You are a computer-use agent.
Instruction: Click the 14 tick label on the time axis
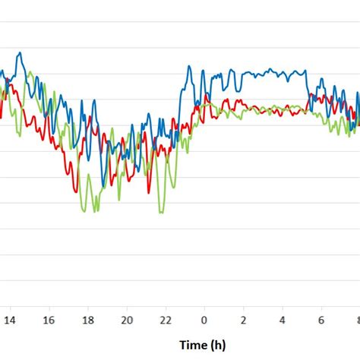pyautogui.click(x=10, y=321)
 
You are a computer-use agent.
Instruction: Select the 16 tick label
pyautogui.click(x=49, y=321)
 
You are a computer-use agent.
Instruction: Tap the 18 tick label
pyautogui.click(x=88, y=321)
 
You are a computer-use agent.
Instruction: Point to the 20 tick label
pyautogui.click(x=127, y=321)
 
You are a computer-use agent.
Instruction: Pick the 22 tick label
pyautogui.click(x=166, y=321)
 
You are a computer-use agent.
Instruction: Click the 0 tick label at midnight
pyautogui.click(x=204, y=321)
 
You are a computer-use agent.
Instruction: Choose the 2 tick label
pyautogui.click(x=244, y=321)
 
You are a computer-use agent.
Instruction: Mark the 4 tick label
pyautogui.click(x=283, y=321)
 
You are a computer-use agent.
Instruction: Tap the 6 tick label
pyautogui.click(x=321, y=321)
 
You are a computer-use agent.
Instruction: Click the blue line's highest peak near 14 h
pyautogui.click(x=20, y=53)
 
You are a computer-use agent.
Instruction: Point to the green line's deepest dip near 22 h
pyautogui.click(x=160, y=212)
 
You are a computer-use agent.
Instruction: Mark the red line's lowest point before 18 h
pyautogui.click(x=75, y=190)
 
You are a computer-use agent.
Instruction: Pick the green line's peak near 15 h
pyautogui.click(x=30, y=73)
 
